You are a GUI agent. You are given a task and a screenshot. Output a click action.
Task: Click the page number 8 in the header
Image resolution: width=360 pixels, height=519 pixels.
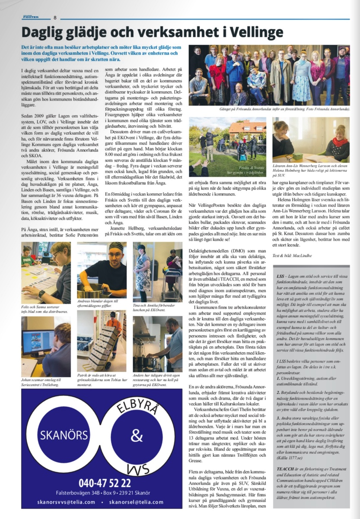click(x=55, y=18)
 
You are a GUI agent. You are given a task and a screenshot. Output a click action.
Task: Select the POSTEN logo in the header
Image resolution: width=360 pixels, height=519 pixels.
click(x=31, y=17)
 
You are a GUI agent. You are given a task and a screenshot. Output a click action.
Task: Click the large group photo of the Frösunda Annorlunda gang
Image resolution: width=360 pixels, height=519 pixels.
click(x=270, y=75)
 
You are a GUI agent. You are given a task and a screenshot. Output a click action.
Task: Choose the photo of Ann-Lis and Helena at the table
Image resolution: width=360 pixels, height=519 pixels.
click(x=311, y=139)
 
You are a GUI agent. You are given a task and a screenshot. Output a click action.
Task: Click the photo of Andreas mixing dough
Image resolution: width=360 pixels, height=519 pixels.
click(x=102, y=270)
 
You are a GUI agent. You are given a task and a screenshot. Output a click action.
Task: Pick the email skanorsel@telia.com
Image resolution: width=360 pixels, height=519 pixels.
click(x=137, y=502)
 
